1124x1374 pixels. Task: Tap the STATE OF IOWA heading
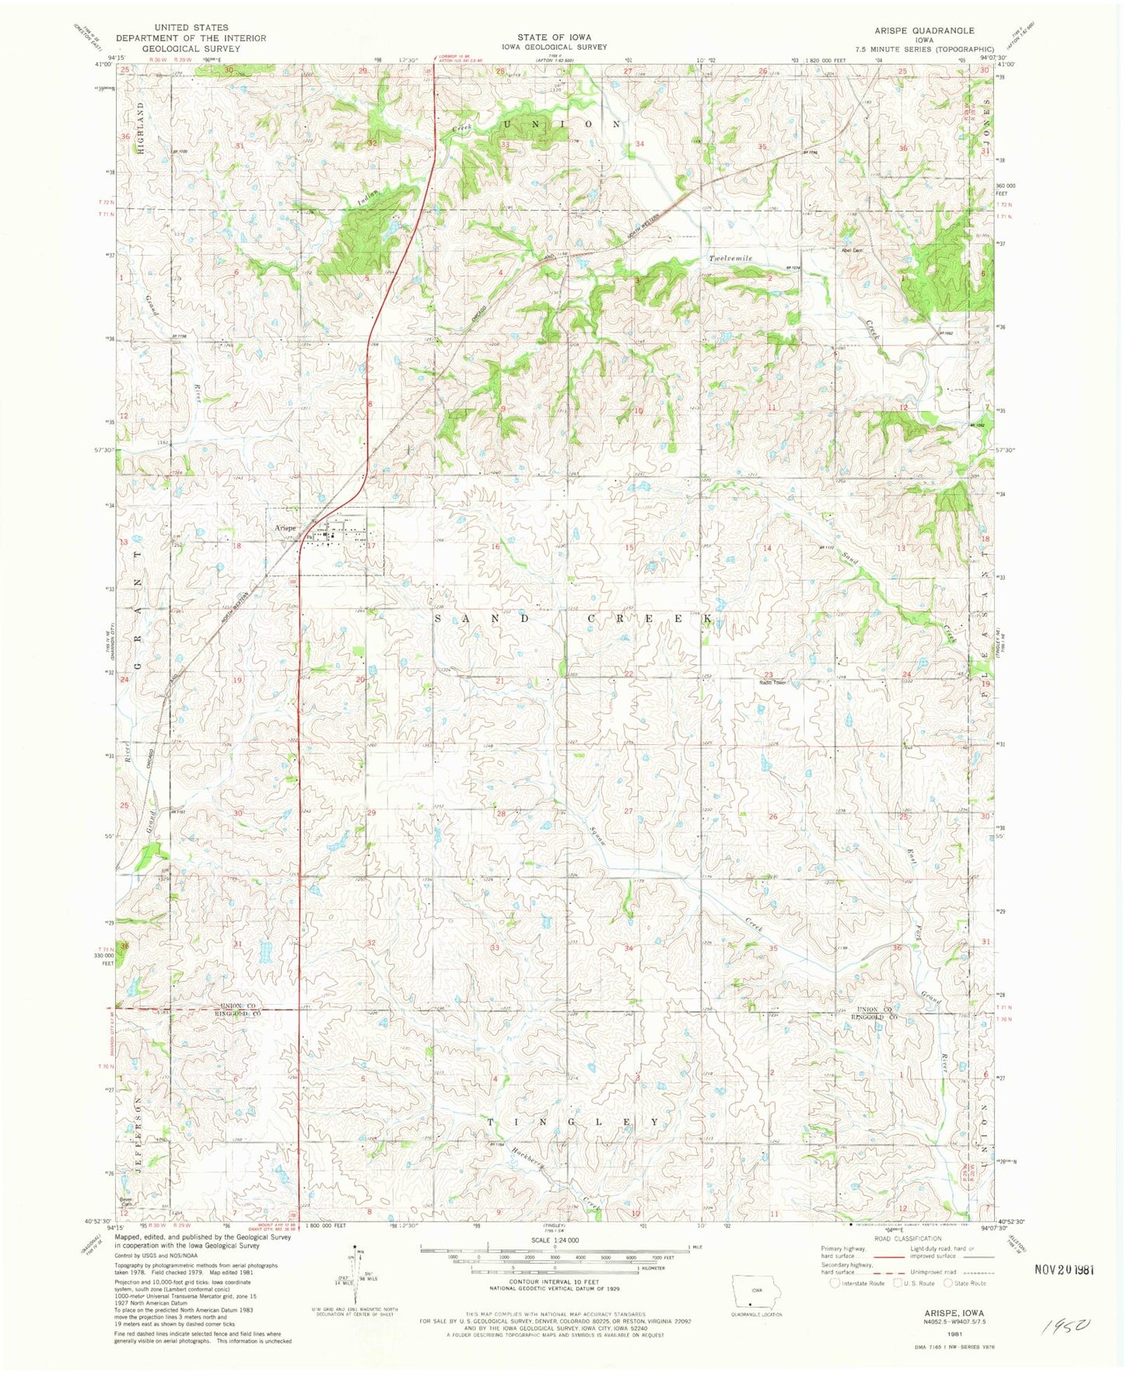coord(554,37)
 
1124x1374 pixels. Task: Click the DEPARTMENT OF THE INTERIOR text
coord(191,37)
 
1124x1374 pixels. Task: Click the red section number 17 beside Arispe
coord(372,545)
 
